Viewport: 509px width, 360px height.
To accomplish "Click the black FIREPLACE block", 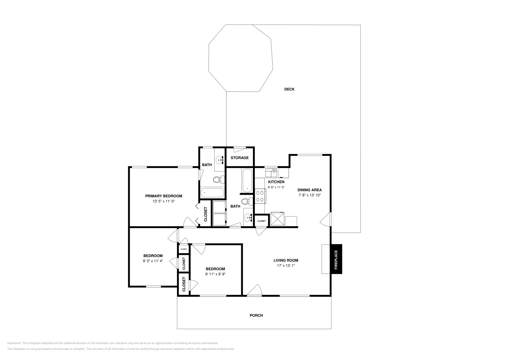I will pyautogui.click(x=336, y=259).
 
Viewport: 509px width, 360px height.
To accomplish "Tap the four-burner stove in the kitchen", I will pyautogui.click(x=260, y=196).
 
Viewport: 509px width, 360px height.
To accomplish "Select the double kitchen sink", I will pyautogui.click(x=271, y=173).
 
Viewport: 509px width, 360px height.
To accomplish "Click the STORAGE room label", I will pyautogui.click(x=240, y=158).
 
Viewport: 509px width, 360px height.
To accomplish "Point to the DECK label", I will pyautogui.click(x=289, y=89).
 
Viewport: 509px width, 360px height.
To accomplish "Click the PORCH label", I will pyautogui.click(x=256, y=315).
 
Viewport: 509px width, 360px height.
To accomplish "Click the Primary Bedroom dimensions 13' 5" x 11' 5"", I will pyautogui.click(x=164, y=201).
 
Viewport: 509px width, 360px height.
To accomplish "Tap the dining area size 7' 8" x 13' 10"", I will pyautogui.click(x=309, y=195).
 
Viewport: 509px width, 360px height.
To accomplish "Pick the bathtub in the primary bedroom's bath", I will pyautogui.click(x=212, y=192).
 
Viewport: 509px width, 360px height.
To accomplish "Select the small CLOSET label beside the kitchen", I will pyautogui.click(x=261, y=221).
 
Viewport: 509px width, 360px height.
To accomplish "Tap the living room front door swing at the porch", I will pyautogui.click(x=255, y=290).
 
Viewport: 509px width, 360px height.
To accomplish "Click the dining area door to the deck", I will pyautogui.click(x=326, y=219).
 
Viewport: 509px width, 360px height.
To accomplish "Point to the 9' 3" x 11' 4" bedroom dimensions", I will pyautogui.click(x=153, y=261).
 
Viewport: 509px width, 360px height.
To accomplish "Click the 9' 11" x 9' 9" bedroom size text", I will pyautogui.click(x=215, y=274).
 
